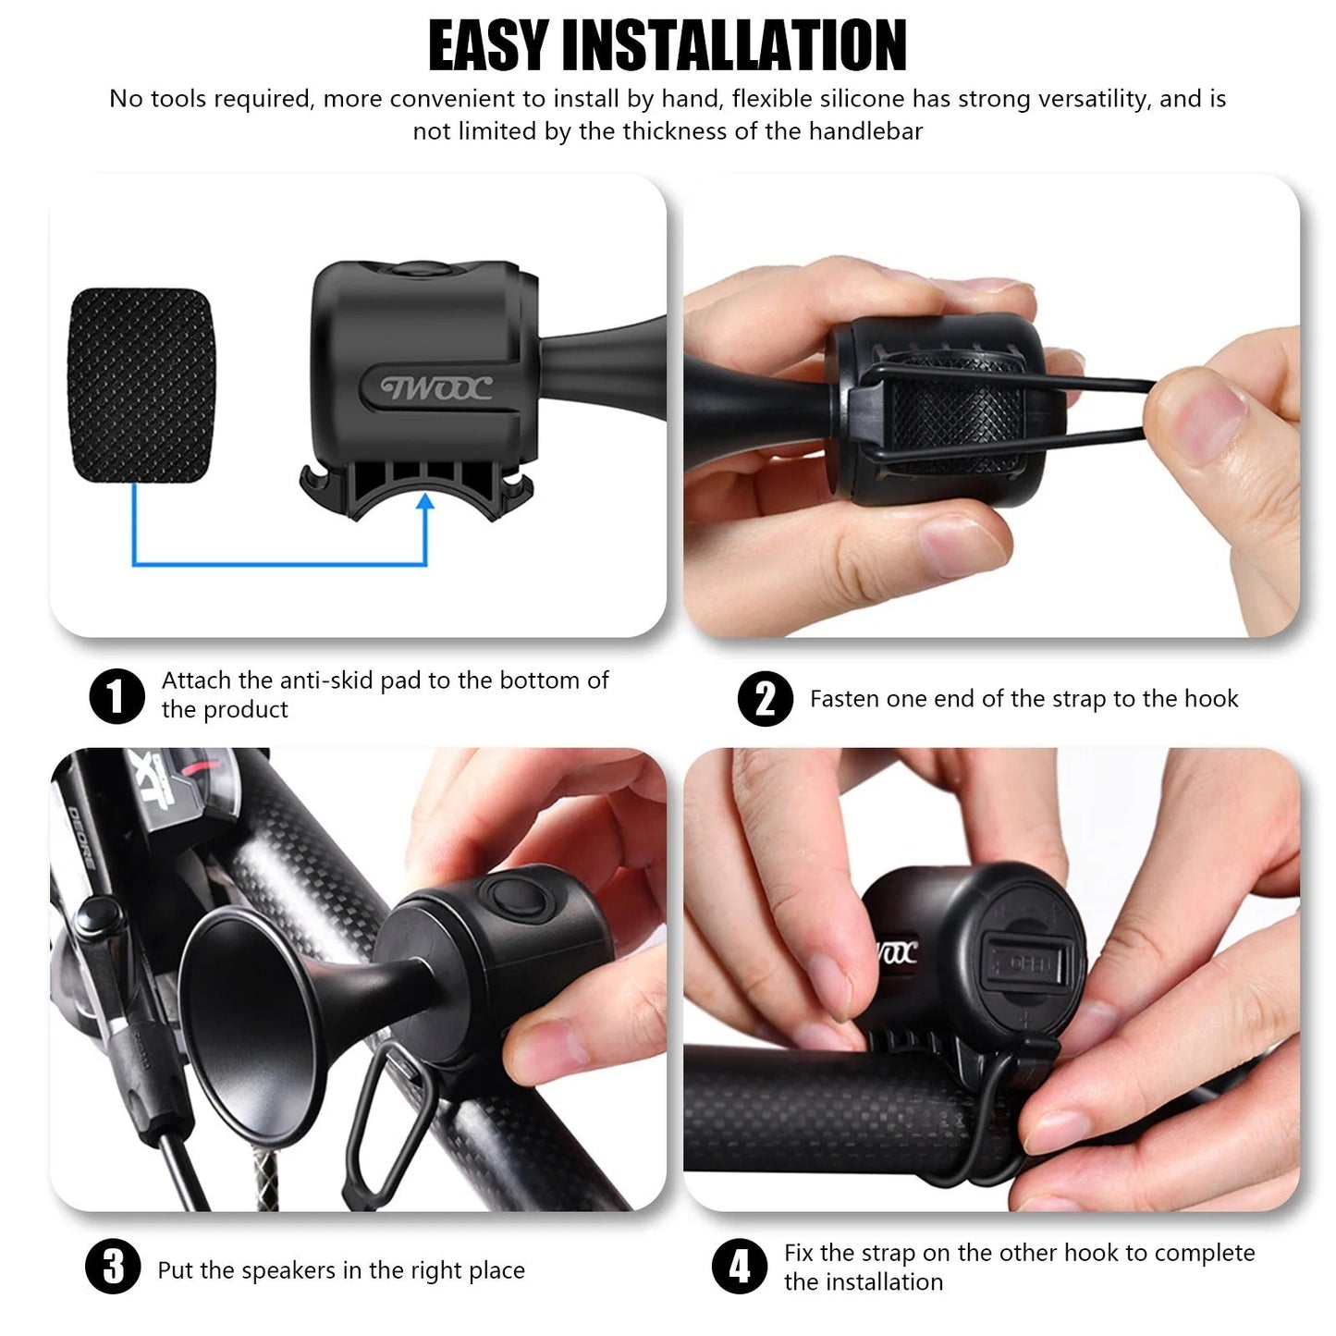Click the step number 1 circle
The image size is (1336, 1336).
point(116,696)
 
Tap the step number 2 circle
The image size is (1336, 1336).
point(765,699)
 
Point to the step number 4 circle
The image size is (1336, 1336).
point(740,1267)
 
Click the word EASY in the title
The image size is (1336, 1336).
point(488,46)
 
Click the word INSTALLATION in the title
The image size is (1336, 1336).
point(734,46)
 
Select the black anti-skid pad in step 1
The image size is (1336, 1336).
point(141,385)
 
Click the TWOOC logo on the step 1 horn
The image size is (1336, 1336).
point(436,388)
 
